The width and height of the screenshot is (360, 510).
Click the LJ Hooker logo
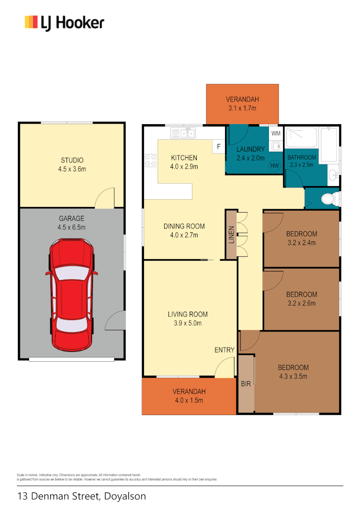tap(64, 23)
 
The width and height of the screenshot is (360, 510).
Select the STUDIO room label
tap(72, 161)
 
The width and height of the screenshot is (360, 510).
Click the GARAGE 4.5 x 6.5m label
tap(72, 223)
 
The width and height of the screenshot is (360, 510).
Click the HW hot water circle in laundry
tap(274, 165)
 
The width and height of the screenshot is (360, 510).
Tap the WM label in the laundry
tap(276, 133)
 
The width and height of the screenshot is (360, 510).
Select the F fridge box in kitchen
tap(218, 146)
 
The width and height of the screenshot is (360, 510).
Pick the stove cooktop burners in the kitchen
tap(151, 160)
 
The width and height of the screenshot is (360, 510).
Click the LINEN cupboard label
tap(231, 235)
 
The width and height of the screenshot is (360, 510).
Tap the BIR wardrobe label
tap(246, 384)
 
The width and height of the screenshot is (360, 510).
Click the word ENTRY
tap(224, 350)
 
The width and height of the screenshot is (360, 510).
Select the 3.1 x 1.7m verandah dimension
tap(242, 108)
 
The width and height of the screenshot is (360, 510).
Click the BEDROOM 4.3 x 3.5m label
tap(293, 372)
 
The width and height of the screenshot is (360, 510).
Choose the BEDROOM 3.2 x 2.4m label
tap(301, 238)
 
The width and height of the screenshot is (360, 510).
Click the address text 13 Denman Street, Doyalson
tap(82, 496)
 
